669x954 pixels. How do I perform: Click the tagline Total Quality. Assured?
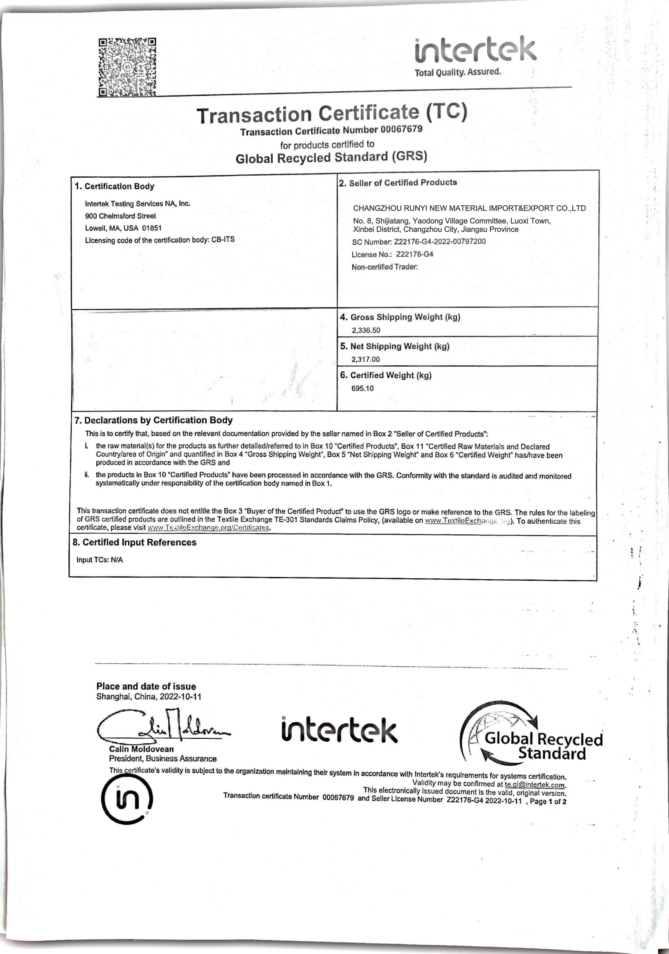pyautogui.click(x=457, y=72)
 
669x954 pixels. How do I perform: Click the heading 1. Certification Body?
pyautogui.click(x=114, y=186)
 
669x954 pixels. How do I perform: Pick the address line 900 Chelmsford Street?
pyautogui.click(x=121, y=216)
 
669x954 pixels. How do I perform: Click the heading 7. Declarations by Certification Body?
pyautogui.click(x=153, y=420)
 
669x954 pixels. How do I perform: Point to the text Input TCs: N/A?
pyautogui.click(x=100, y=560)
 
